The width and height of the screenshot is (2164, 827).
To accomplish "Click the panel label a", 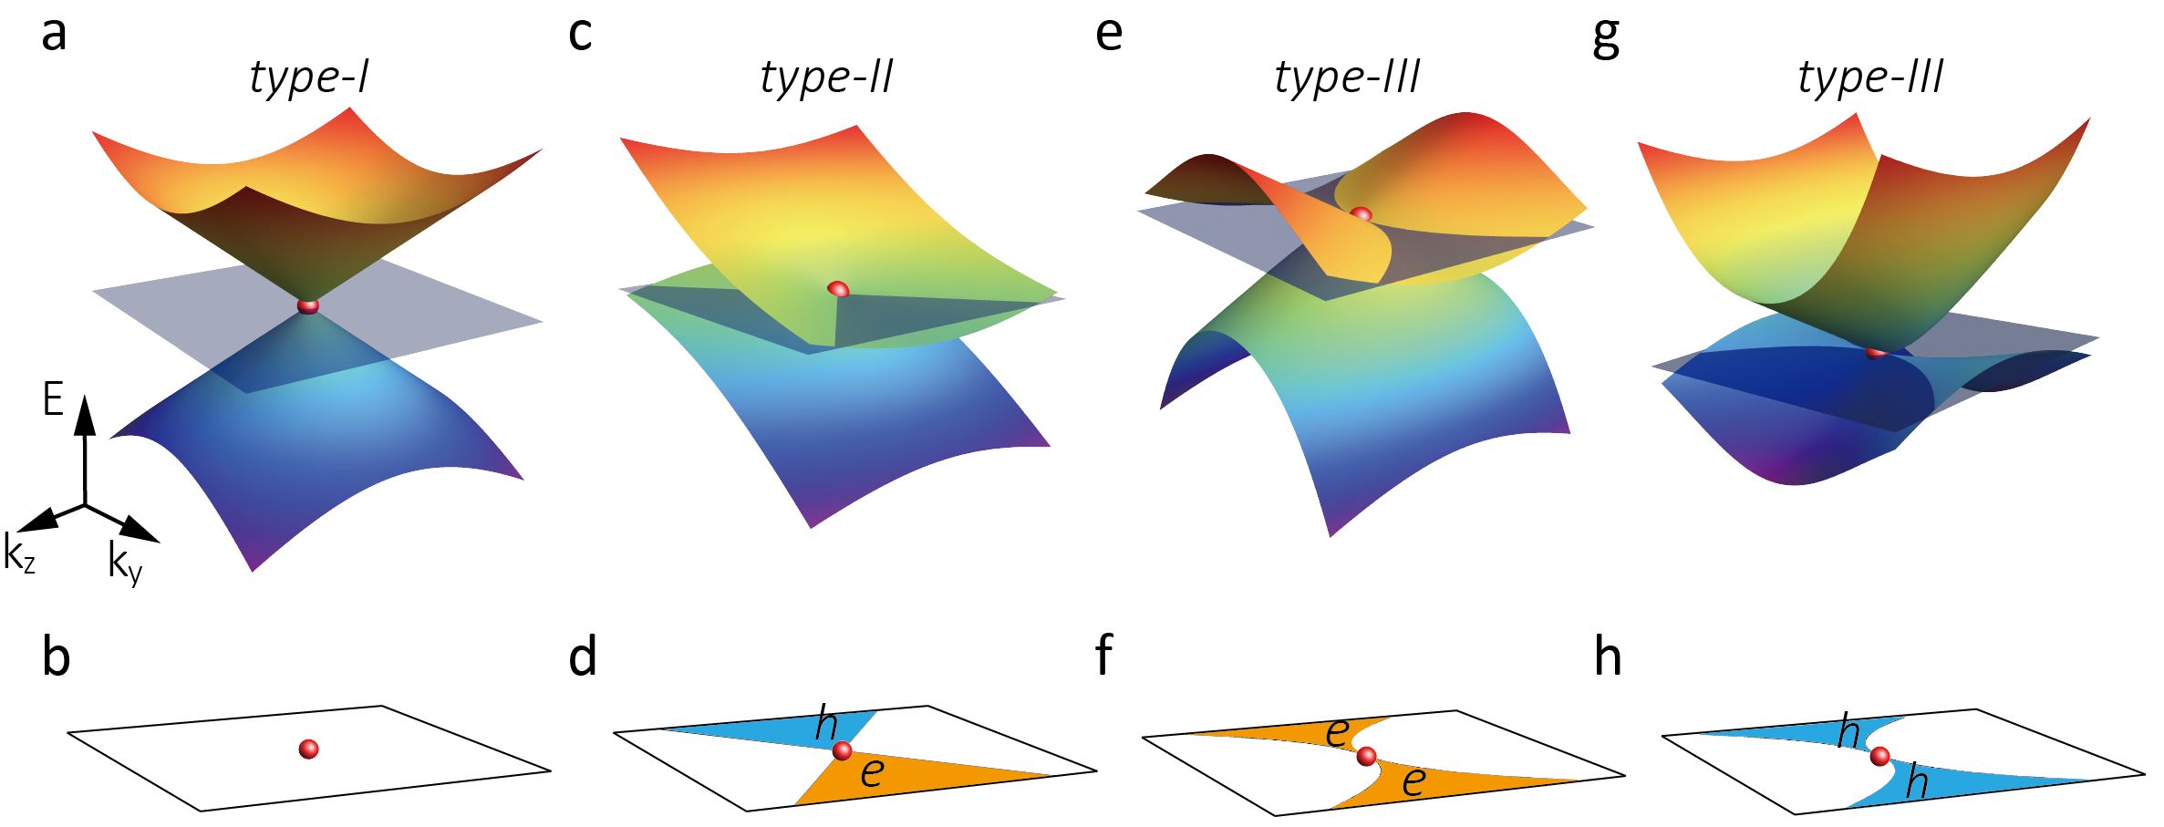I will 54,34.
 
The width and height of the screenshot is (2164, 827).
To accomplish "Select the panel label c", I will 580,34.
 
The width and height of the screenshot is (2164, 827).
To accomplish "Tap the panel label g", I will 1606,38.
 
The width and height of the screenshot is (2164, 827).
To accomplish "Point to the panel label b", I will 56,656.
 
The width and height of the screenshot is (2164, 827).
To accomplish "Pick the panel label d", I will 583,656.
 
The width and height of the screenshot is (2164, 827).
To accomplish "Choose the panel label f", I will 1103,655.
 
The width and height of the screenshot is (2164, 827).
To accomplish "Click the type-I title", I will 309,77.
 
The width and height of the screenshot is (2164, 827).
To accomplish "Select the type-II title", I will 826,77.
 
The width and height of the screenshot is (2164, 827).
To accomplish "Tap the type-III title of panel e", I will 1347,77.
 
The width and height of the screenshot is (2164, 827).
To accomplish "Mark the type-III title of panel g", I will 1870,77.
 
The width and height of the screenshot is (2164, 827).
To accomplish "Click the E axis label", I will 53,399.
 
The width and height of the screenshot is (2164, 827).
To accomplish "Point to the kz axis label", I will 19,553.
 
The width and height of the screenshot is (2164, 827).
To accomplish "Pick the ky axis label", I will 125,562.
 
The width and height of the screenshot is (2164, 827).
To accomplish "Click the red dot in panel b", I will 309,749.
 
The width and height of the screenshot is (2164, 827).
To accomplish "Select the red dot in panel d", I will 843,751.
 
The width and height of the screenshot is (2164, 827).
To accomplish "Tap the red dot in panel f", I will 1366,757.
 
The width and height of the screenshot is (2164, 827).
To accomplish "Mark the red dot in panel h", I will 1879,757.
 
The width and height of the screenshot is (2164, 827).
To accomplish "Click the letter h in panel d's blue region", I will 826,724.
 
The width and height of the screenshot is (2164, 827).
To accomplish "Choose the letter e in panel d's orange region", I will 872,773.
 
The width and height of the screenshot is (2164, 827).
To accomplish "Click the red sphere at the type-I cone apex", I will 308,305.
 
